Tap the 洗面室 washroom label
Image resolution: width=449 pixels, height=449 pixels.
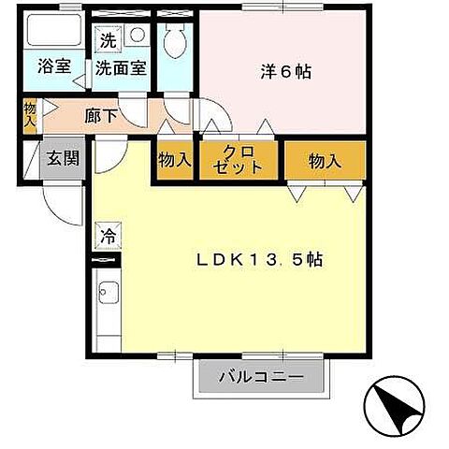pyautogui.click(x=122, y=68)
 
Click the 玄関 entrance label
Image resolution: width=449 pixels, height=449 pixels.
pyautogui.click(x=65, y=157)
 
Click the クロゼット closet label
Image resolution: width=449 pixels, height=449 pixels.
pyautogui.click(x=239, y=160)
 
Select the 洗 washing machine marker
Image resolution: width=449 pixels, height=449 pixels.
pyautogui.click(x=108, y=41)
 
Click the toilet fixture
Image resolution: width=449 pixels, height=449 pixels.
pyautogui.click(x=174, y=42)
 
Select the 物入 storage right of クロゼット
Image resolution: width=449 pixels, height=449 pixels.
pyautogui.click(x=324, y=161)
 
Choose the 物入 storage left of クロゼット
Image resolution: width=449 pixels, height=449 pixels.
pyautogui.click(x=174, y=160)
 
